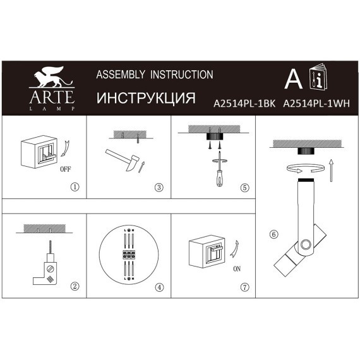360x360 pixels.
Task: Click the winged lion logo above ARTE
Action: tap(52, 79)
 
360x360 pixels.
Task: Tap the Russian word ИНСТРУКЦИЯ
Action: tap(145, 99)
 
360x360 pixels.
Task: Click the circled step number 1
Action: tap(75, 187)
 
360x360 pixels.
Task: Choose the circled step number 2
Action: tap(75, 286)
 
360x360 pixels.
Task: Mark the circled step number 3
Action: tap(159, 187)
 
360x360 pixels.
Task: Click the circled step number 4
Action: tap(159, 286)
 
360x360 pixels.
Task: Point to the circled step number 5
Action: tap(245, 187)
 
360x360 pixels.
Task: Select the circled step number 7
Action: tap(245, 286)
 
